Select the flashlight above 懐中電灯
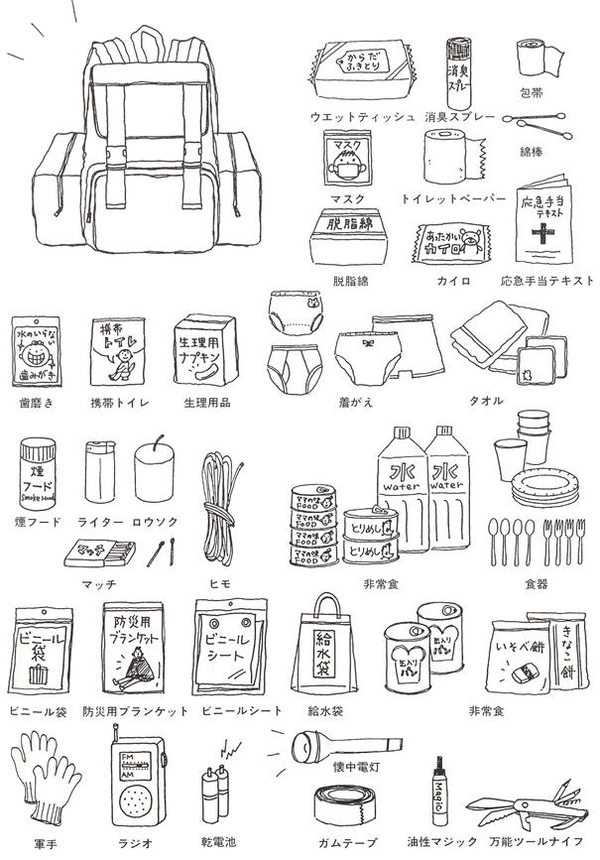coord(337,742)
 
